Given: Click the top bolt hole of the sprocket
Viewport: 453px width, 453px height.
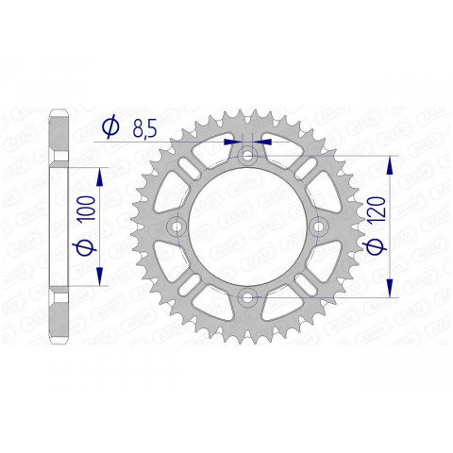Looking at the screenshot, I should pos(247,157).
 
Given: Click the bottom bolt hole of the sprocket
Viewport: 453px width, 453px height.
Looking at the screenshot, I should pos(247,298).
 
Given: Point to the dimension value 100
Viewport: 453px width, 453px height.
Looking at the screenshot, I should pos(86,204).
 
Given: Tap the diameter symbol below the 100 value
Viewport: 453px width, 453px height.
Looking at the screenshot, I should pos(86,248).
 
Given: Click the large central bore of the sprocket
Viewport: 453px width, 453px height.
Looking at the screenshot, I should pos(247,227).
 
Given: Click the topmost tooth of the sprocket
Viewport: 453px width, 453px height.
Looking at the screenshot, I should pos(247,111).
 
